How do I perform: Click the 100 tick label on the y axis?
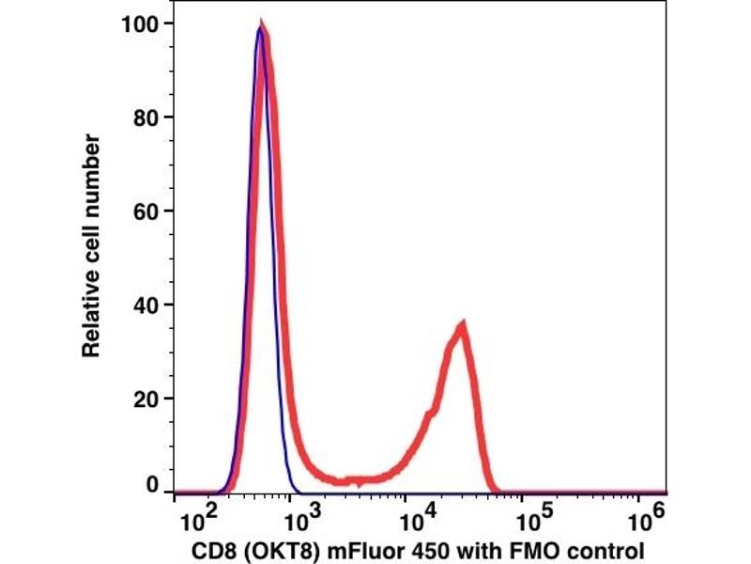click(x=140, y=23)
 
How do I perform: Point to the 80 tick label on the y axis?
click(x=145, y=117)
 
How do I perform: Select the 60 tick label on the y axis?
click(x=145, y=211)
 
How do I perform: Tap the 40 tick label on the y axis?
click(x=145, y=305)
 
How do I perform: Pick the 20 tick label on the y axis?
click(x=145, y=399)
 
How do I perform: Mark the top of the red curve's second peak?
click(x=462, y=325)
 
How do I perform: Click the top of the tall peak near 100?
click(x=262, y=28)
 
